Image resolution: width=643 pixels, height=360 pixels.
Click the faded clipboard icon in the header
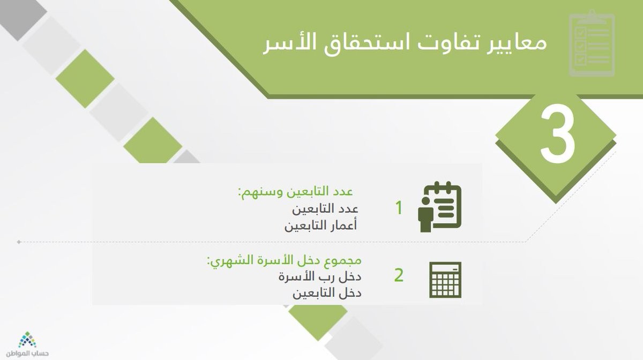(592, 43)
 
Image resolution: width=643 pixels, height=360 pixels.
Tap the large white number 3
(558, 133)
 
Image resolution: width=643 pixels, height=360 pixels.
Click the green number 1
(399, 207)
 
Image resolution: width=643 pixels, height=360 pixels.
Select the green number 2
(399, 275)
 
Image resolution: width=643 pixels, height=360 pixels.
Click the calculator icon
(445, 280)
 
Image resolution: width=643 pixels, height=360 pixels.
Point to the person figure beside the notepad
(425, 214)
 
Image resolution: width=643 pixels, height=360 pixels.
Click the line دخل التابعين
(327, 293)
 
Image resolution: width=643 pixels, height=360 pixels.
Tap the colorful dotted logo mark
(27, 340)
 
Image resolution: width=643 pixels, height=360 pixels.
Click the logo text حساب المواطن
(27, 354)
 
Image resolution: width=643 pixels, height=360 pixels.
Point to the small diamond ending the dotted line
(19, 242)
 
